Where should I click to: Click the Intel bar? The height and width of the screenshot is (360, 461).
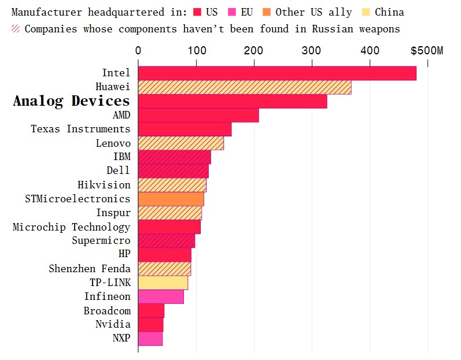coord(277,73)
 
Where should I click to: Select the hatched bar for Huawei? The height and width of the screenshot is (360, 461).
coord(245,87)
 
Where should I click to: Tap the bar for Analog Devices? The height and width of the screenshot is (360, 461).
coord(233,101)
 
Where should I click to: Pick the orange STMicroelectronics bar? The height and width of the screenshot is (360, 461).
coord(171,199)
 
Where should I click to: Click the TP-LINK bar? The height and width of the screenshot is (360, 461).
coord(163,283)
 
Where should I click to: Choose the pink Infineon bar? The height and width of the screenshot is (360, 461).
coord(161,296)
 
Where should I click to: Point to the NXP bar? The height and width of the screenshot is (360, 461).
coord(150,339)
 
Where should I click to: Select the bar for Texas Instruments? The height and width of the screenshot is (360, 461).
coord(185,129)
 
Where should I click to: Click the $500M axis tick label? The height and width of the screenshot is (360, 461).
coord(427,51)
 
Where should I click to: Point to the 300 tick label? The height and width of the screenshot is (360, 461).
coord(312,51)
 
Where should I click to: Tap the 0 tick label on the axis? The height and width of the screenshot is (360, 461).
coord(138,51)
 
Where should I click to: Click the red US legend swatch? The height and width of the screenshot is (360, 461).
coord(197,12)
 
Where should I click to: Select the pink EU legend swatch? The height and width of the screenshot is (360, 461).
coord(231,12)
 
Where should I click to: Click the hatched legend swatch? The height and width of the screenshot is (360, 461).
coord(16,28)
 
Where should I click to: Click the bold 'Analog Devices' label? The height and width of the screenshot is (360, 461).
coord(72,101)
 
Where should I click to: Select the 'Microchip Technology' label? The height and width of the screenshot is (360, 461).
coord(72,227)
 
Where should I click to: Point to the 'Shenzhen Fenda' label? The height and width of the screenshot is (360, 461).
coord(90,269)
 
